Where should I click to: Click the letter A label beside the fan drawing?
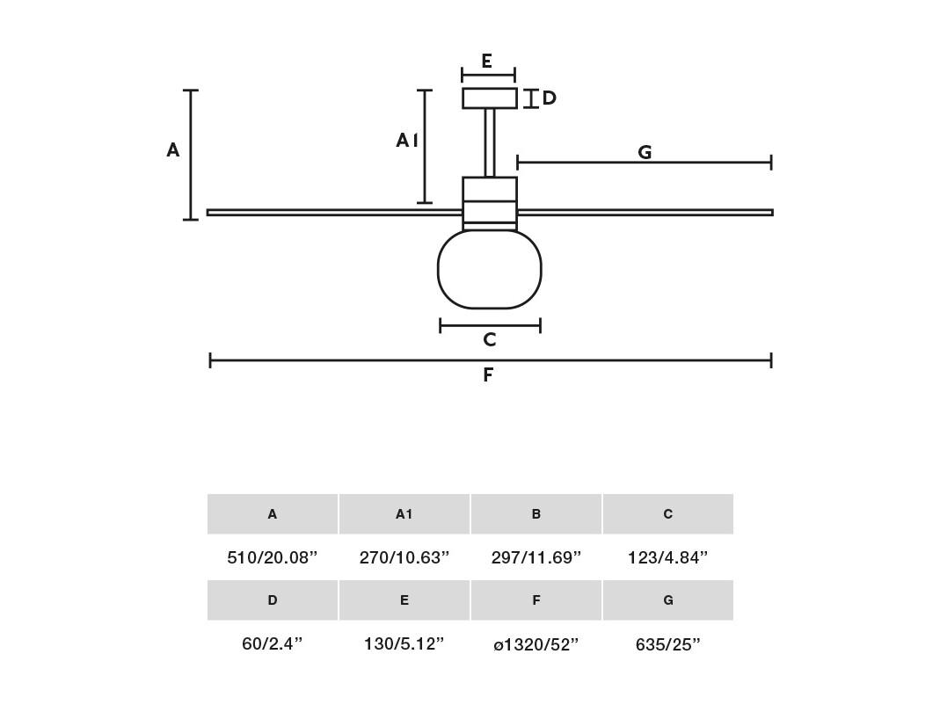click(172, 149)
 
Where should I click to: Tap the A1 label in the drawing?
click(407, 141)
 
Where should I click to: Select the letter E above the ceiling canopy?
click(487, 61)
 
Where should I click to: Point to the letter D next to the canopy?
click(549, 98)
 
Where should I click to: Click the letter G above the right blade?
click(645, 152)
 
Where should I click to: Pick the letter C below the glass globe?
click(490, 340)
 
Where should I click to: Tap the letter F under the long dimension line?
click(488, 374)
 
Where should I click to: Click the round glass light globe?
click(489, 270)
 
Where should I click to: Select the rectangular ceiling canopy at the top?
click(489, 98)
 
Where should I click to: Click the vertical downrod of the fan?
click(489, 142)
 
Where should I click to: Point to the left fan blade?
click(334, 212)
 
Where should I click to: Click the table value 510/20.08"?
click(273, 557)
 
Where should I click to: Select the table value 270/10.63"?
click(404, 557)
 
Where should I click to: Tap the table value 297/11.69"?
click(536, 557)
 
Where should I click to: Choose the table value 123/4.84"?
click(667, 557)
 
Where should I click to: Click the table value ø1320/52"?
click(536, 644)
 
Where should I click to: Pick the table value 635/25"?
click(667, 644)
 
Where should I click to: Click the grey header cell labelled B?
click(536, 513)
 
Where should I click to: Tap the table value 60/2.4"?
click(273, 643)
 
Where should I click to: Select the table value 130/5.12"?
click(404, 643)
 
